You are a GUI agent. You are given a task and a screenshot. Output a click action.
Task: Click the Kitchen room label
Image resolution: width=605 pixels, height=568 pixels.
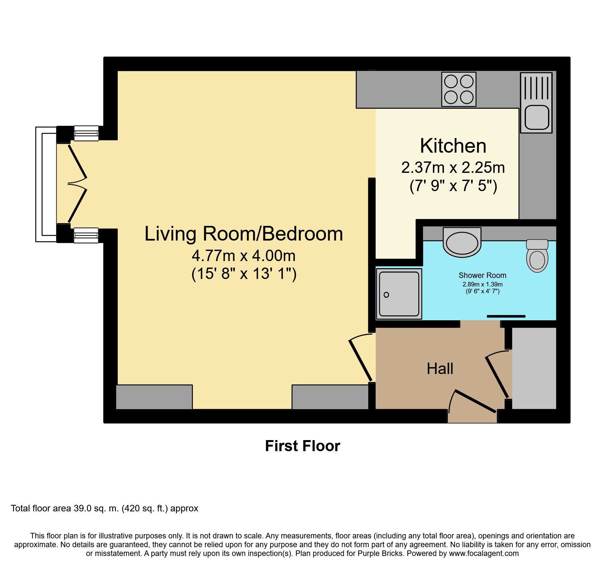point(453,146)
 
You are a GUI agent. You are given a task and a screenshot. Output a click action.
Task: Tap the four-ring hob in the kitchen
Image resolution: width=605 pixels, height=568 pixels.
point(459,89)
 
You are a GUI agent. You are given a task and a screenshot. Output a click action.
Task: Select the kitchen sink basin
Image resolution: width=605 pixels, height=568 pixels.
point(536,118)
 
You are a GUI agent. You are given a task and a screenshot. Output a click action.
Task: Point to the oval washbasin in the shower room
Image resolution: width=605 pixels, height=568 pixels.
point(462,242)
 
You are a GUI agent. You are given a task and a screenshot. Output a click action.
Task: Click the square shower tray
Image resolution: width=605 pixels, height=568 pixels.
point(399,294)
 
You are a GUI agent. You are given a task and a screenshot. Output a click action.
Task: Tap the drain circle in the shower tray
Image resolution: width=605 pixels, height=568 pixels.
point(386,295)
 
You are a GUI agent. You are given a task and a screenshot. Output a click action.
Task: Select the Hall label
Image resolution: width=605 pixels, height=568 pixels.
point(440,369)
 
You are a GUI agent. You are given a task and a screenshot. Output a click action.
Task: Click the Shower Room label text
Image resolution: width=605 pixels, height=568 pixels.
point(482,275)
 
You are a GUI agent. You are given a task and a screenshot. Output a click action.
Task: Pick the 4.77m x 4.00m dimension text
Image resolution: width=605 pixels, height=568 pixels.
point(244,256)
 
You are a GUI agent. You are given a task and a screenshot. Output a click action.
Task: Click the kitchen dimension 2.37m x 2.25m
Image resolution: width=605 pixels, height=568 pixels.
point(453,168)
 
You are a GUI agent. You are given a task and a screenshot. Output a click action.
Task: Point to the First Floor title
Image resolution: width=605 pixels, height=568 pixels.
point(302,446)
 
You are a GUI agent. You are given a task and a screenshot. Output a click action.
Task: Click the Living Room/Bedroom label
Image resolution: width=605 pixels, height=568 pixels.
point(244,234)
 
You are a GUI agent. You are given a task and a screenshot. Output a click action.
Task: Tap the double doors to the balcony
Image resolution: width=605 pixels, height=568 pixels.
point(77,184)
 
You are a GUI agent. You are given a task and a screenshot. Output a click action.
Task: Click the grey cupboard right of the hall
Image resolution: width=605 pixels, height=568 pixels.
point(534,368)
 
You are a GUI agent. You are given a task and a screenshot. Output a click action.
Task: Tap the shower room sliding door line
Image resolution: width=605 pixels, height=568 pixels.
point(506,316)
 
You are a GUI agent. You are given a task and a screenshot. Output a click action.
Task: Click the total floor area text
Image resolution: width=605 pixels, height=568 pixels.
point(104,508)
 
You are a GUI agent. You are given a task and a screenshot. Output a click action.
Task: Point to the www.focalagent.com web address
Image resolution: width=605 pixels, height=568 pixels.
point(484,553)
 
